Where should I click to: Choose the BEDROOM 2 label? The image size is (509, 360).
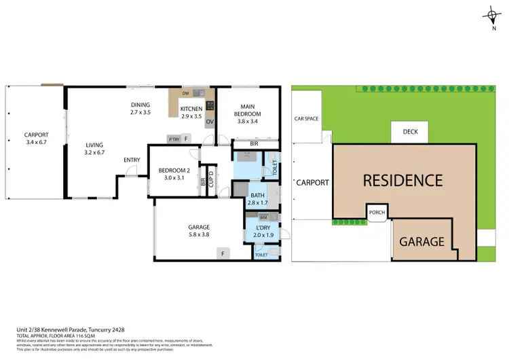[x=174, y=174]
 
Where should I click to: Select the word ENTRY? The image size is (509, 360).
[x=132, y=160]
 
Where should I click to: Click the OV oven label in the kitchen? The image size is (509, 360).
[x=210, y=122]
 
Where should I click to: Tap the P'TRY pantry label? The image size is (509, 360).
[x=174, y=139]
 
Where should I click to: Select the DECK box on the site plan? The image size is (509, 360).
[x=409, y=132]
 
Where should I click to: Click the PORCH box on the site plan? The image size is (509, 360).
[x=376, y=212]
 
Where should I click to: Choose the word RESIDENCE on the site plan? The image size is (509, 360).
[x=403, y=181]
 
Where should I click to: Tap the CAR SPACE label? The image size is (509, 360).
[x=306, y=119]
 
